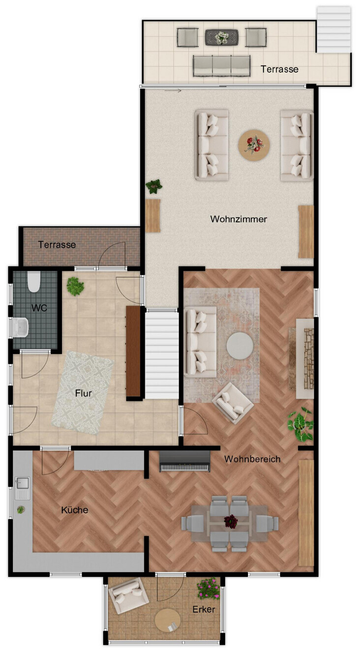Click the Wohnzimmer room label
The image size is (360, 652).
tap(239, 219)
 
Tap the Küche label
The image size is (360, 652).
tap(75, 510)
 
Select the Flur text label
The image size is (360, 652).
tap(84, 393)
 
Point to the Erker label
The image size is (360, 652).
tap(204, 609)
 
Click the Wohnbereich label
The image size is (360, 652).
tap(252, 459)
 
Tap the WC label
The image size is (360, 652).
tap(39, 308)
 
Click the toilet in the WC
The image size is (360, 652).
tap(33, 281)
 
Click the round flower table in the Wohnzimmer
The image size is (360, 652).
tap(254, 145)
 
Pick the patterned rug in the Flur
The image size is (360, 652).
tap(83, 392)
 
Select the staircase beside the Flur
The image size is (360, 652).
tap(161, 354)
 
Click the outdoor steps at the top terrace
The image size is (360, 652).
tap(333, 30)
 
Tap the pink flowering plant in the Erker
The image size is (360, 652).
tap(209, 588)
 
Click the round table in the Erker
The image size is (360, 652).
tap(168, 620)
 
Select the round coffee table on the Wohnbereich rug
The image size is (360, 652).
tap(240, 346)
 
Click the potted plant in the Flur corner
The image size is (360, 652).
tap(75, 286)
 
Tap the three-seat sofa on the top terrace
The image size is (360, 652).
tap(221, 66)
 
